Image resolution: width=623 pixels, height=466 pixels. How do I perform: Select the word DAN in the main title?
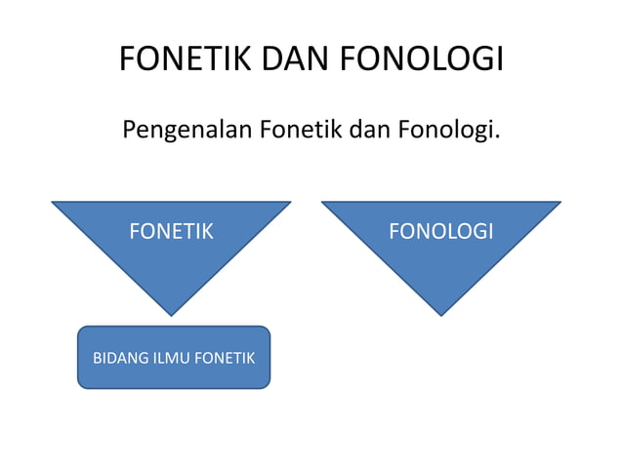pyautogui.click(x=283, y=58)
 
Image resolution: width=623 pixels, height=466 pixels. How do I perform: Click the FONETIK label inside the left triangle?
pyautogui.click(x=171, y=231)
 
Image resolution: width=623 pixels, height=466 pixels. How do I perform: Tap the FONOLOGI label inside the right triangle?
pyautogui.click(x=440, y=231)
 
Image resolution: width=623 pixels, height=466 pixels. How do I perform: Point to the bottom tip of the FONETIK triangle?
pyautogui.click(x=171, y=315)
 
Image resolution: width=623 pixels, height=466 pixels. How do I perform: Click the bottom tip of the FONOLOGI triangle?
pyautogui.click(x=440, y=315)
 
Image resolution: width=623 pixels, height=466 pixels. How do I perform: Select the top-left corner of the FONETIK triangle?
pyautogui.click(x=53, y=203)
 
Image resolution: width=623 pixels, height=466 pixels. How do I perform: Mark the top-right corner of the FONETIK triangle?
pyautogui.click(x=290, y=203)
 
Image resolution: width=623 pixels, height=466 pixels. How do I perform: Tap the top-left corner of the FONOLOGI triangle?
pyautogui.click(x=322, y=203)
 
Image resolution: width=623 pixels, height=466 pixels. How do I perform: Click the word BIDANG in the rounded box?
pyautogui.click(x=117, y=359)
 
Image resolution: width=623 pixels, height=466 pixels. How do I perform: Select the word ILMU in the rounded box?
pyautogui.click(x=168, y=359)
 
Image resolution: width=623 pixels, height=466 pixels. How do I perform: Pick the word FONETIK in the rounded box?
pyautogui.click(x=225, y=359)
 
